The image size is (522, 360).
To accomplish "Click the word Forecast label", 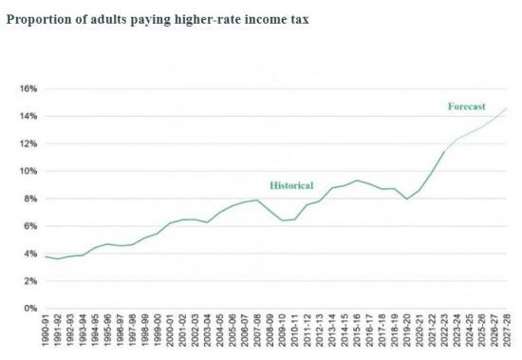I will [x=466, y=106].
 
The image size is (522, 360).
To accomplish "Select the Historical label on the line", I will [x=291, y=185].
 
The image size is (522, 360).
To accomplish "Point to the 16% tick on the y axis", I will [x=28, y=89].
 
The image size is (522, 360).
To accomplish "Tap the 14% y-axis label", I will [x=28, y=117].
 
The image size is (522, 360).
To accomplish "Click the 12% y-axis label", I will [x=28, y=144].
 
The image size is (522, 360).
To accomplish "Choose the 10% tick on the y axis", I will [x=28, y=172].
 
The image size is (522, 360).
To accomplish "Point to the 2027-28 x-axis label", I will [x=506, y=333].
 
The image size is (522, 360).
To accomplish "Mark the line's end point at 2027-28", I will [x=506, y=108].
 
